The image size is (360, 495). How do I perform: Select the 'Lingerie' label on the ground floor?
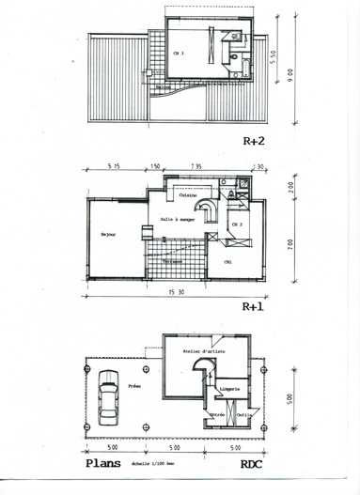pos(229,388)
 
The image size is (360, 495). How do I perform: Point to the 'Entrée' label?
pos(217,412)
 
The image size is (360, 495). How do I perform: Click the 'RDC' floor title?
pos(251,464)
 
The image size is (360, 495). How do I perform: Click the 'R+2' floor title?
pos(253,143)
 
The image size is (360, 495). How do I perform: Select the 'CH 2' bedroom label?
pos(237,225)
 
